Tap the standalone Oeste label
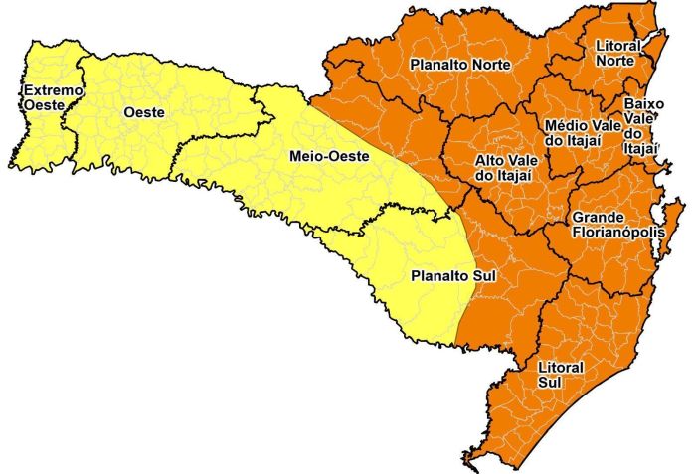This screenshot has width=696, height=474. click(144, 112)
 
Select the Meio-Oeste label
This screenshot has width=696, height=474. click(329, 157)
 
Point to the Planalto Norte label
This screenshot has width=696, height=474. click(460, 65)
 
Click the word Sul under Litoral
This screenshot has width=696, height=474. click(549, 383)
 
